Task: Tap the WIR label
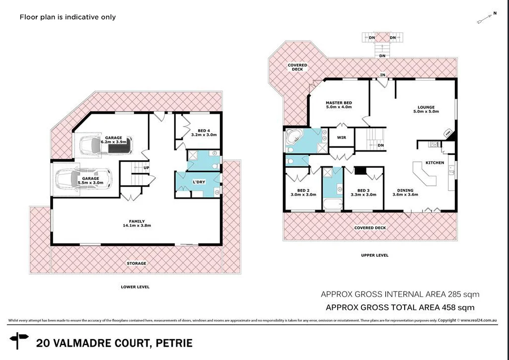tap(341, 138)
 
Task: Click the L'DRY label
tap(199, 182)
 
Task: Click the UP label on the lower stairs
tap(146, 168)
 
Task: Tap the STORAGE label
tap(136, 263)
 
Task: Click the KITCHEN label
tap(435, 163)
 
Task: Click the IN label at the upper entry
tap(382, 75)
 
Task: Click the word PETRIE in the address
tap(174, 343)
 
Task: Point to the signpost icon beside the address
tap(20, 342)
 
